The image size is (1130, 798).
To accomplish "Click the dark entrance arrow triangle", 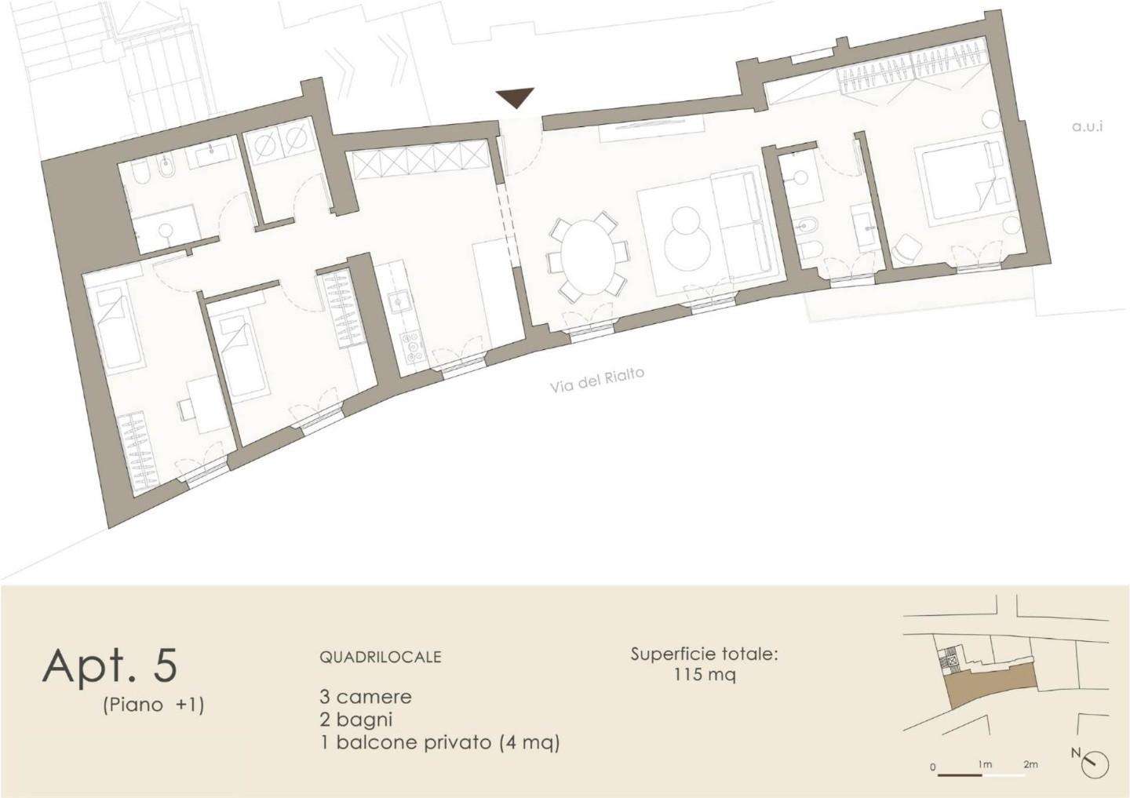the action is tap(515, 97).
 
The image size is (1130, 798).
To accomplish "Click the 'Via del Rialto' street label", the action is tap(596, 380).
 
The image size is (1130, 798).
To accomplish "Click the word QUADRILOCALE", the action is tap(381, 657).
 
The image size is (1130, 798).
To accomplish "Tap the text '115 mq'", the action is tap(704, 675).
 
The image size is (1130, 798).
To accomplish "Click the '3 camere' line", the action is tap(365, 697).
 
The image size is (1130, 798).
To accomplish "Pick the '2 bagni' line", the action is tap(355, 720).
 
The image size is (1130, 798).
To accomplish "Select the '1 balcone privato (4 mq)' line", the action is tap(440, 742).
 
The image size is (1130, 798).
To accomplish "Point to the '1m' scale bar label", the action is tap(985, 765).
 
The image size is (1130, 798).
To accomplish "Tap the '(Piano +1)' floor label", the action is tap(153, 705).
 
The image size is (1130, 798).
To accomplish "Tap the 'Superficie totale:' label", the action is tap(704, 654).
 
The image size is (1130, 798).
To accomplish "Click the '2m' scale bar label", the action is tap(1030, 764).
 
